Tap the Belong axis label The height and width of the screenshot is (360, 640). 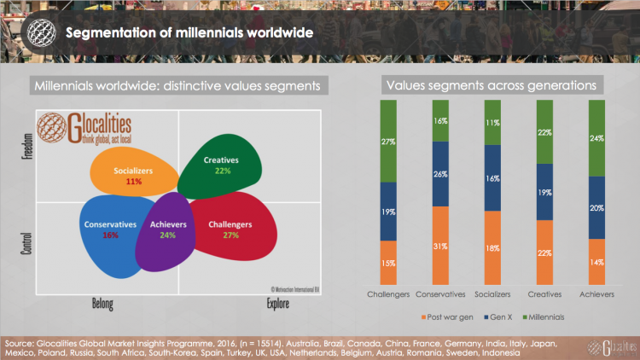click(106, 303)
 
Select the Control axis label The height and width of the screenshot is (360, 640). click(24, 240)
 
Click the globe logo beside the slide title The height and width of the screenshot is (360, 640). click(38, 32)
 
